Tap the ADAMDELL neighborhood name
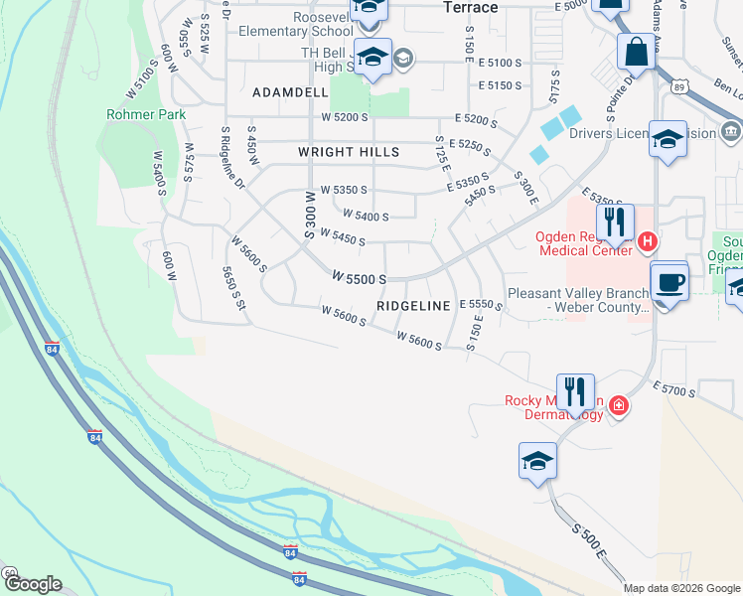coord(290,92)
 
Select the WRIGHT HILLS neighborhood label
coord(349,152)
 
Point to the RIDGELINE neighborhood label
coord(414,305)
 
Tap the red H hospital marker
coord(647,240)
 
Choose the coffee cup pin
coord(669,282)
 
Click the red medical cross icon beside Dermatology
coord(619,406)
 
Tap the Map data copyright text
coord(681,588)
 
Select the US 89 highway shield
coord(681,87)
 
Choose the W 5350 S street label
coord(345,189)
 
